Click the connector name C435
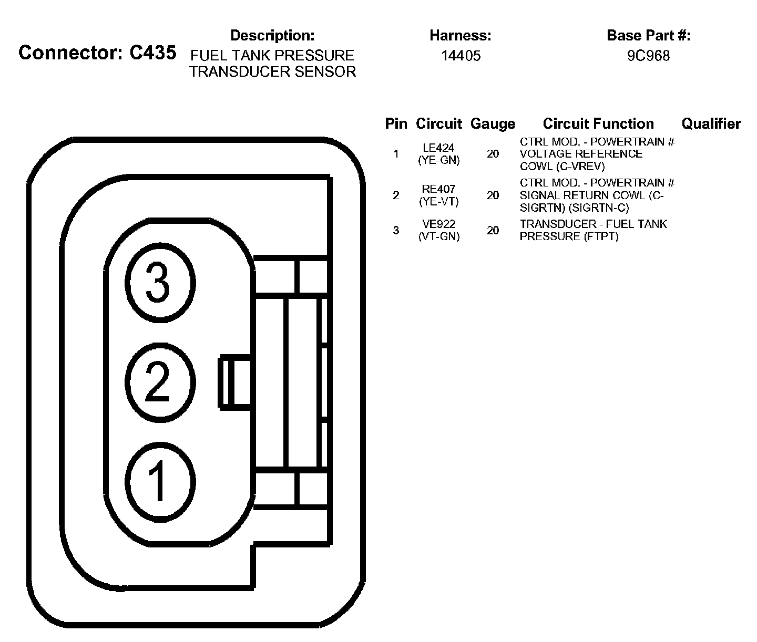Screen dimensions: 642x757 coord(152,53)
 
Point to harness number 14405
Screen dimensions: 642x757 coord(461,56)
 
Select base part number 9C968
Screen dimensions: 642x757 coord(648,56)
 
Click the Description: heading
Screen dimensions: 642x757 coord(272,36)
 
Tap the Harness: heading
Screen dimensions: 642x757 coord(460,36)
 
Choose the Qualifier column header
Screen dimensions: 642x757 coord(711,124)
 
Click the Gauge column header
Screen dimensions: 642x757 coord(493,124)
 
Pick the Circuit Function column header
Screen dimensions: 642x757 coord(598,124)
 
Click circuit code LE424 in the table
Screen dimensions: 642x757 coord(438,148)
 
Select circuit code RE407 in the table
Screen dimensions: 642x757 coord(438,189)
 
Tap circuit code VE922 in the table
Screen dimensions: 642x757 coord(438,225)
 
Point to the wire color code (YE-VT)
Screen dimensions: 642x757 coord(438,201)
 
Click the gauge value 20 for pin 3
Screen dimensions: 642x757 coord(493,230)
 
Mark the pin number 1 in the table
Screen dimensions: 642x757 coord(396,154)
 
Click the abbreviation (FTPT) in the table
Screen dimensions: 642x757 coord(601,236)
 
